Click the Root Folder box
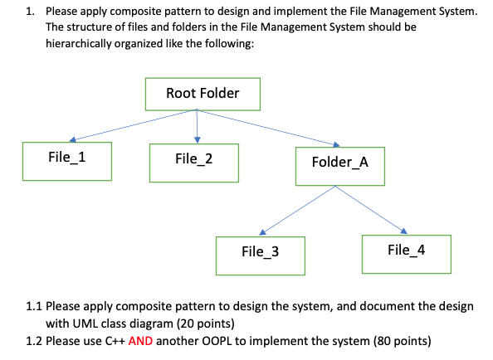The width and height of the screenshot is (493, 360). [203, 94]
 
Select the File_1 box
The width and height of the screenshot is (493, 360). [67, 162]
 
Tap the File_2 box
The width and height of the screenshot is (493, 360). [194, 163]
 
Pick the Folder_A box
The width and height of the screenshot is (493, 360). [340, 166]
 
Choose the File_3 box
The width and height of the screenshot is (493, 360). [261, 255]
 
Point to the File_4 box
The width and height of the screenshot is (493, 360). [407, 254]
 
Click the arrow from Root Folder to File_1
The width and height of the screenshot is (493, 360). [134, 125]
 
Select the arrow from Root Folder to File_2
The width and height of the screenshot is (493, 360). [198, 126]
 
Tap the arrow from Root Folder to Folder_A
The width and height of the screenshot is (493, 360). [268, 128]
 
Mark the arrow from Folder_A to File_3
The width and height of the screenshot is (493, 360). [297, 211]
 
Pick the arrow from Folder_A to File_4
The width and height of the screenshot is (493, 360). [371, 210]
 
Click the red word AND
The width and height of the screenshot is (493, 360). [140, 341]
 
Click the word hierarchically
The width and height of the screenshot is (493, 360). [78, 43]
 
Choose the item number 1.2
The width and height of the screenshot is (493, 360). [34, 341]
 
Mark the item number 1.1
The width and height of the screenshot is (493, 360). [34, 306]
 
